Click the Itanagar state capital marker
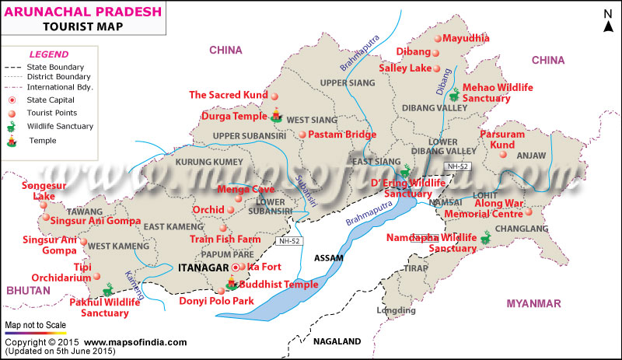click(x=236, y=268)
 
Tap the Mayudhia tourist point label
click(x=466, y=37)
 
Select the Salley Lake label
click(x=404, y=68)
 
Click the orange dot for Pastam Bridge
click(x=302, y=135)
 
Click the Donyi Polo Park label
click(x=216, y=300)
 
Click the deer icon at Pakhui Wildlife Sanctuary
click(x=108, y=287)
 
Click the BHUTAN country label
click(x=24, y=290)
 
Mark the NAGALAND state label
click(x=337, y=341)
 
